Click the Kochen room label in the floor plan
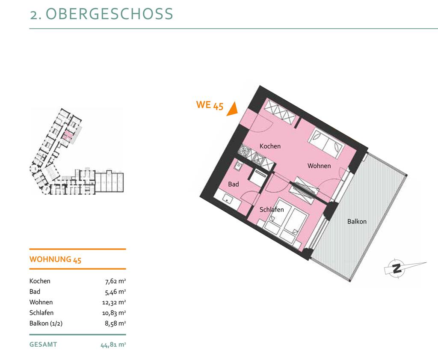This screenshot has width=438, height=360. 270,146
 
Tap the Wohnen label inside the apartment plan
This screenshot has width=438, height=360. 319,166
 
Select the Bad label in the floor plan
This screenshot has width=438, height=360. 234,184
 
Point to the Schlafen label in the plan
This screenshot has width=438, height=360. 272,209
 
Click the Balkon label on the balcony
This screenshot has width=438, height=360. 357,221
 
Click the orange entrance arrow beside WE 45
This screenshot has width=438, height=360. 232,109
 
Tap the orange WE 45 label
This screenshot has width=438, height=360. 210,105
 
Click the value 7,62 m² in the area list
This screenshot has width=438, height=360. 115,281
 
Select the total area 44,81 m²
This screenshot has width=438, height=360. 113,345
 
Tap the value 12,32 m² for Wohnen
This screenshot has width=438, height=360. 114,302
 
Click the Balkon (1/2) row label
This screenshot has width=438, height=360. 46,323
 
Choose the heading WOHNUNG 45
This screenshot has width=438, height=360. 55,259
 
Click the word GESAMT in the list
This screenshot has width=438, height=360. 43,344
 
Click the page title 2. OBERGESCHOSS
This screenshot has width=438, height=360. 101,14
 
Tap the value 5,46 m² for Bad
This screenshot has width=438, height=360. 115,292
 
